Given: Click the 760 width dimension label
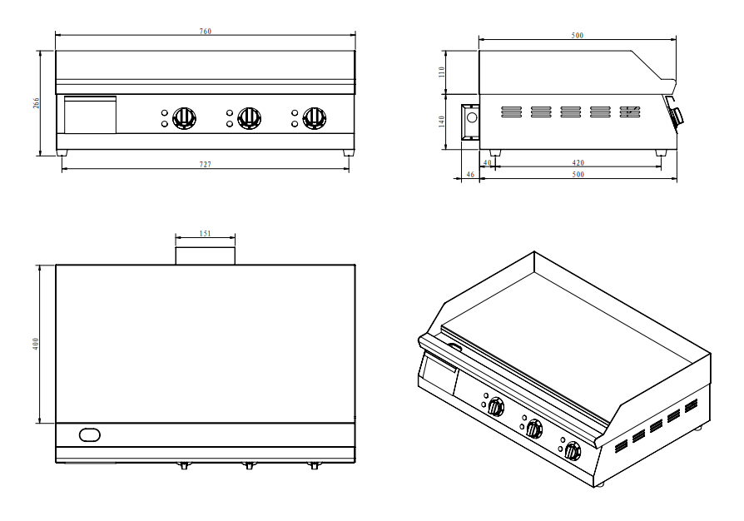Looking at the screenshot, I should coord(205,32).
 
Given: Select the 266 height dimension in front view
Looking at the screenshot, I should coord(36,102).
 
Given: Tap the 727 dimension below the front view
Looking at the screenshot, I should coord(205,165).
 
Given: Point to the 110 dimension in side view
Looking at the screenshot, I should coord(442,72).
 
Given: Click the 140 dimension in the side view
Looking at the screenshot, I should coord(442,122).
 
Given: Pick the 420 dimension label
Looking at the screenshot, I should coord(578,163).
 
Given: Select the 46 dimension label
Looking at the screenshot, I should coord(469,175).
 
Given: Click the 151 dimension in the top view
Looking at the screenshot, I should coord(205,234).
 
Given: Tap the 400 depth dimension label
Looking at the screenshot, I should coord(36,344).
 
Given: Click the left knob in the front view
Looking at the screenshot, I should coord(185,118).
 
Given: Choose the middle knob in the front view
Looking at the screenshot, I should coord(249,118).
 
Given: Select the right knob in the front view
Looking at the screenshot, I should coord(314,118).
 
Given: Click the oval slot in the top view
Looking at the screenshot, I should coord(89,434).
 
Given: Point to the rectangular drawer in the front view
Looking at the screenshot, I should coord(90,115).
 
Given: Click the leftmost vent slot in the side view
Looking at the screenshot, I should coord(512,111).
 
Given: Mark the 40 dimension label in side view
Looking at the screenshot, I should coord(488,163).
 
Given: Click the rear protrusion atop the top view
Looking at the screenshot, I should coord(205,256).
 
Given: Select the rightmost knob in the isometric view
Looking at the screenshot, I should coord(572,452).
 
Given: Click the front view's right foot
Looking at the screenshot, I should coord(347,152).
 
